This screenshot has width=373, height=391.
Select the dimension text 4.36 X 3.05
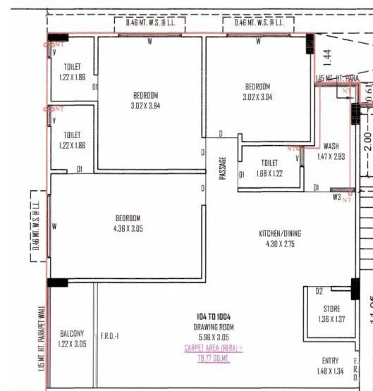[x=128, y=229]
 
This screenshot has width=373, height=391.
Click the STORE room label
[x=331, y=309]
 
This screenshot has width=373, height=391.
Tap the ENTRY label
[x=329, y=361]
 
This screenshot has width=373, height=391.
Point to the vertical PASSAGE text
[x=223, y=168]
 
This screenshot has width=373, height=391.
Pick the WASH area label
[x=331, y=147]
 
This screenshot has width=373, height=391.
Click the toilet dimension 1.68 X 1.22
[x=269, y=173]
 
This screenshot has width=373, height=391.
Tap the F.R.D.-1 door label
[x=110, y=336]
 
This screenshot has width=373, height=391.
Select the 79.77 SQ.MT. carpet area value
[x=213, y=356]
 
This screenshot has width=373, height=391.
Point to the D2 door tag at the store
[x=319, y=290]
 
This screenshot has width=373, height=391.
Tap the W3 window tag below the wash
[x=337, y=197]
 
